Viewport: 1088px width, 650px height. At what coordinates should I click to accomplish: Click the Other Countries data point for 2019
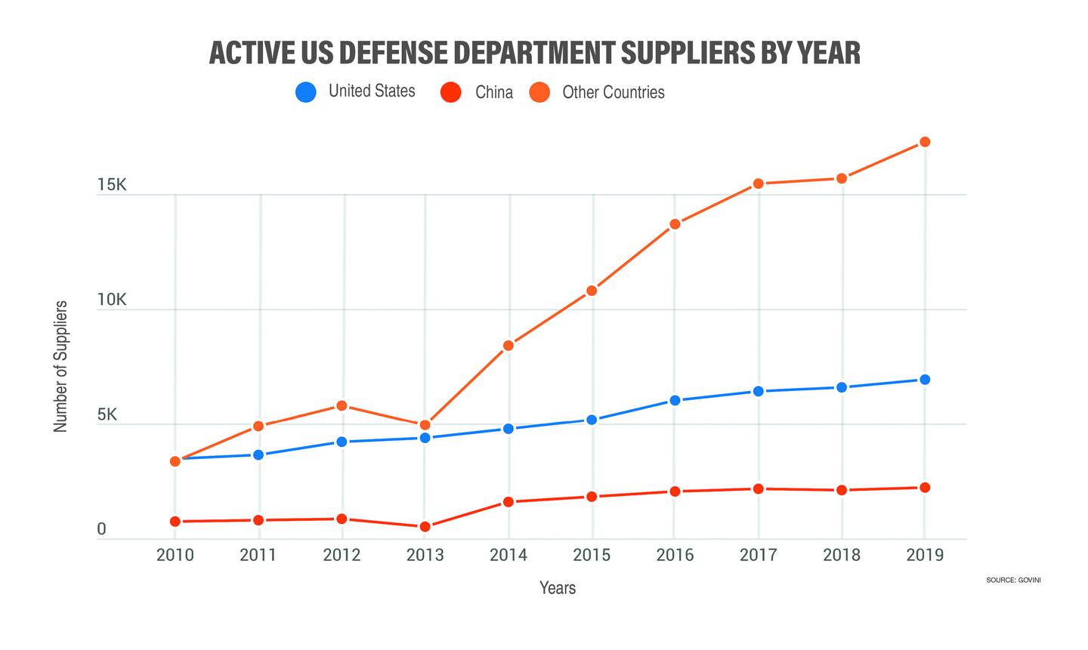pos(924,142)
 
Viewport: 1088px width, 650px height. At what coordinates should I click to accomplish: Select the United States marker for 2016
pos(675,400)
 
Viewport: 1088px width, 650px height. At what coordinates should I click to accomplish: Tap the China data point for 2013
pos(425,526)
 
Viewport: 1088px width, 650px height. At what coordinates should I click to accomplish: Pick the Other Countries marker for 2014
pos(508,346)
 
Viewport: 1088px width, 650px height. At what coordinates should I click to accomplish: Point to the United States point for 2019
pos(924,380)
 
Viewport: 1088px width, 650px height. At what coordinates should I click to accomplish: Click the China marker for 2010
pos(175,522)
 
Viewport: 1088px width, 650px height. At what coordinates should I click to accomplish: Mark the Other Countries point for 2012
pos(342,405)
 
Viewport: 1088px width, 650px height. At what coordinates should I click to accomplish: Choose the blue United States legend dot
pos(306,93)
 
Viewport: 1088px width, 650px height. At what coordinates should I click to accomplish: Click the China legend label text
pos(494,92)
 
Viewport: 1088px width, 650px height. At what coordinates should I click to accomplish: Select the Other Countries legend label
pos(614,92)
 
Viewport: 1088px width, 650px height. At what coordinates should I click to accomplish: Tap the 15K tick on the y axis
pos(111,185)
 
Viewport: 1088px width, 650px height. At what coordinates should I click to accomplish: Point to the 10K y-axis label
pos(111,300)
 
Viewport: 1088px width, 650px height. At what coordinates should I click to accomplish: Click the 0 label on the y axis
pos(101,530)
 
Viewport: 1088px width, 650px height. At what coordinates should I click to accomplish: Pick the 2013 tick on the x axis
pos(425,555)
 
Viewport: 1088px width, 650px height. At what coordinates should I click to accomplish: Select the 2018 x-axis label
pos(841,555)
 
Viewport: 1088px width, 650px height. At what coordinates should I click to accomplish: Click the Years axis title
pos(558,588)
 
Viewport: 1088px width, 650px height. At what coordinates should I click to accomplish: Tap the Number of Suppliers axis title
pos(60,366)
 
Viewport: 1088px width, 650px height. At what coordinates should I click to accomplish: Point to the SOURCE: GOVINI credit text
pos(1013,580)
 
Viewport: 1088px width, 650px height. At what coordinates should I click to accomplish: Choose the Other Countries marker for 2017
pos(758,183)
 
